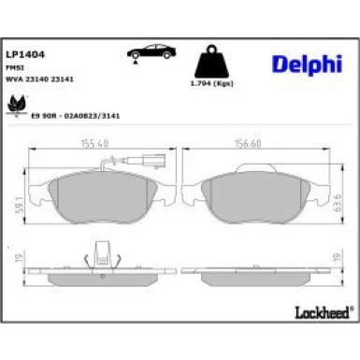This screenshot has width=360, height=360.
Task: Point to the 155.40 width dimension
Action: coord(89,144)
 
